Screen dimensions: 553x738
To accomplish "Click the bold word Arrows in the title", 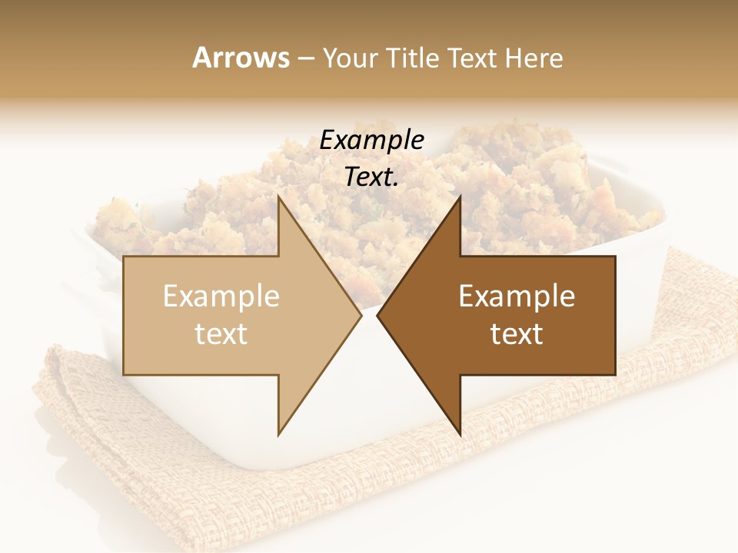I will coord(241,58).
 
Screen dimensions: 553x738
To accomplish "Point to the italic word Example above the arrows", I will coord(372,141).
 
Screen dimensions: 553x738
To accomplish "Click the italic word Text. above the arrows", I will coord(372,177).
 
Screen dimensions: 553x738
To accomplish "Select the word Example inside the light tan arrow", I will coord(221,296).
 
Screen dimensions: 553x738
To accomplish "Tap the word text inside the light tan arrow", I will coord(221,334).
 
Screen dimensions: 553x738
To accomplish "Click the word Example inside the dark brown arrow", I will coord(517,296).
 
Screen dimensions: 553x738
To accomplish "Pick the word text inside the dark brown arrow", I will coord(517,334).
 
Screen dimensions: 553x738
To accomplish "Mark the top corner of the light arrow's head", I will coord(279,197).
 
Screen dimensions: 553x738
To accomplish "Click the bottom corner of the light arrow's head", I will coord(279,434).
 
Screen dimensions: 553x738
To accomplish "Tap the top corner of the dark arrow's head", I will coord(460,197).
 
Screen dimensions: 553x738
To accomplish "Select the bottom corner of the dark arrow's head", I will coord(460,434).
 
